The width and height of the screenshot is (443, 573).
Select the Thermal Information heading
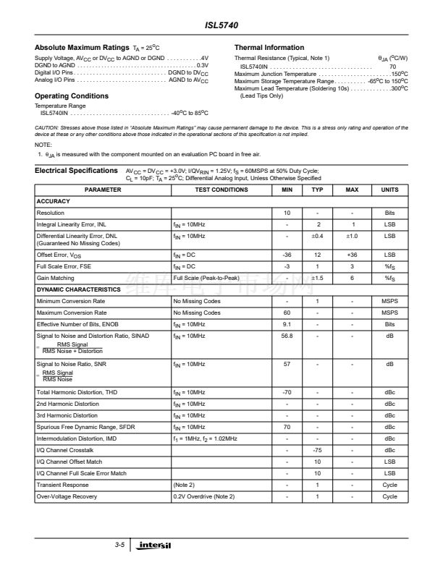coord(269,48)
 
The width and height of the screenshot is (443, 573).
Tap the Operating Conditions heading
coord(72,95)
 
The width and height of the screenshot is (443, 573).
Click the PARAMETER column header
coord(102,190)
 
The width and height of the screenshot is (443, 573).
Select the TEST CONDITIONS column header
coord(221,190)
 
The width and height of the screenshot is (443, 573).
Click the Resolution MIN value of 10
coord(287,213)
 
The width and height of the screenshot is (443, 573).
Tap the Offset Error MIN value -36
coord(287,255)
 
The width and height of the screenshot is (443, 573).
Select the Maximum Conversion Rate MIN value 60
coord(287,313)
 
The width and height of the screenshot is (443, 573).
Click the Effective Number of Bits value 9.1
coord(287,324)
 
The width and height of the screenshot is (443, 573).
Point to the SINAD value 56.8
coord(287,336)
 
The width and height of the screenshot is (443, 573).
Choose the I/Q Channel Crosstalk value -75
coord(317,450)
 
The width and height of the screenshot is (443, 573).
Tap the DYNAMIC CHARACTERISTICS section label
coord(78,289)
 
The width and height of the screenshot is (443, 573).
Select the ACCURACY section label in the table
coord(53,202)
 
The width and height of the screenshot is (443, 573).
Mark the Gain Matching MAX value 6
coord(352,278)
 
